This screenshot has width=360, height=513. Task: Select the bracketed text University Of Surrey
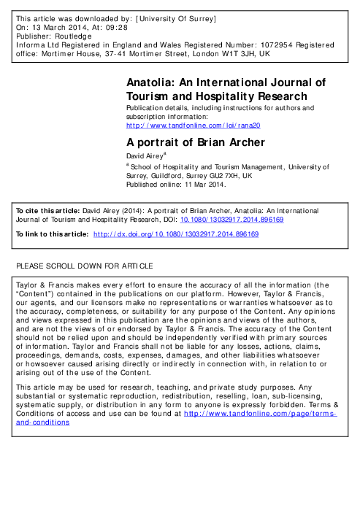click(197, 15)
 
